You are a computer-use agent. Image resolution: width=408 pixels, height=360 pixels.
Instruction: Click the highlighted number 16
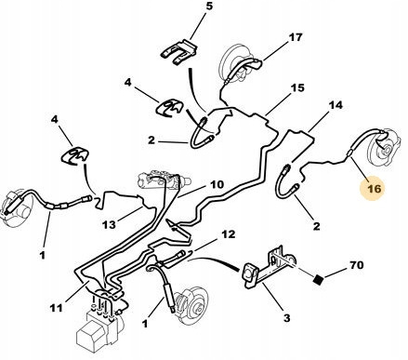[x=374, y=188]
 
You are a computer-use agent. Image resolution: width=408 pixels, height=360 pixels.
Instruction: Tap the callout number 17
[x=296, y=37]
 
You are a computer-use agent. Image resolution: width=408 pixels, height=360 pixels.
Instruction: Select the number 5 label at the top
[x=209, y=6]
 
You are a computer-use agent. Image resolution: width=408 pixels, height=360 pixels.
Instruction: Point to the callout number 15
[x=297, y=87]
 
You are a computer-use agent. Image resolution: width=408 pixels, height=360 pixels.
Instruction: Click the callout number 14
[x=336, y=105]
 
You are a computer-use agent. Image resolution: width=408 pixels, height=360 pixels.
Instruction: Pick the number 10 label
[x=217, y=184]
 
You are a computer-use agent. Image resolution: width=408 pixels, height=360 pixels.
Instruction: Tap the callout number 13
[x=109, y=224]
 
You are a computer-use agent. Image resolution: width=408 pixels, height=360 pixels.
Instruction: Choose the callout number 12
[x=229, y=234]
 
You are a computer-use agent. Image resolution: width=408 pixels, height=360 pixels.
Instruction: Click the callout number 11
[x=56, y=308]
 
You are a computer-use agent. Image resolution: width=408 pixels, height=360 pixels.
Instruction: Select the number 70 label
[x=357, y=265]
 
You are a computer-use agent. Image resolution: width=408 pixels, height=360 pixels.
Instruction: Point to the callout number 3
[x=287, y=318]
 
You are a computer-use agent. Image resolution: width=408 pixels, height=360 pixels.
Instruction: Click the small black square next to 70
[x=318, y=279]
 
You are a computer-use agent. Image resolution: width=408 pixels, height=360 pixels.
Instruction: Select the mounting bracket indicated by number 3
[x=269, y=269]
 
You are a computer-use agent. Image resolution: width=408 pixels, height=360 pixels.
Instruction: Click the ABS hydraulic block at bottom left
[x=99, y=326]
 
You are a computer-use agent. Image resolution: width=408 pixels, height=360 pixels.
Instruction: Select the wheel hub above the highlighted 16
[x=384, y=147]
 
